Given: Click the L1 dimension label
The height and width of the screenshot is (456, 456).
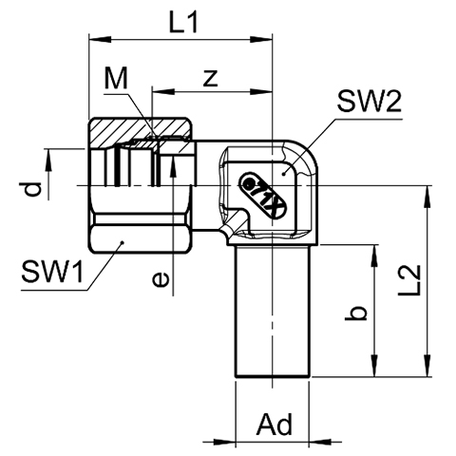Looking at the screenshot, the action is [x=183, y=23].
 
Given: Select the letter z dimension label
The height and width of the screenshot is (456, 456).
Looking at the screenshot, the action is [x=211, y=78].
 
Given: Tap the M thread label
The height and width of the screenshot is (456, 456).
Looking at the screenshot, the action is [x=116, y=78].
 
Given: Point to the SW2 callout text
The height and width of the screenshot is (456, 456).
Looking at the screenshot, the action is [x=370, y=102].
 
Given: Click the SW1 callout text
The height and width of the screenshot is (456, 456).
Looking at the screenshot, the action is [x=52, y=272].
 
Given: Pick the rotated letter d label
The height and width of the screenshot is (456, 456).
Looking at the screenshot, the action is [x=33, y=189].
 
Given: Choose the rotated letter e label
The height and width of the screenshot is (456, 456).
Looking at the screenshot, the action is [x=161, y=280].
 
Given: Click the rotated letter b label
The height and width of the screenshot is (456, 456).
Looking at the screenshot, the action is [x=356, y=313].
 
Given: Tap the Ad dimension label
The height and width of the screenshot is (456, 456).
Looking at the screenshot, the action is [x=275, y=425].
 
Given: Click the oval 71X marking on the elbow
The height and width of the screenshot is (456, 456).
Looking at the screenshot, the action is [x=264, y=196].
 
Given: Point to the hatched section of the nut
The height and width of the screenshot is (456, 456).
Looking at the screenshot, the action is [x=140, y=130].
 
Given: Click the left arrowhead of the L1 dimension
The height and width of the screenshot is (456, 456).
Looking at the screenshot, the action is [x=101, y=40].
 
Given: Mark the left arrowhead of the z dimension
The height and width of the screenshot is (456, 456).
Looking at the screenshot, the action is [x=163, y=92].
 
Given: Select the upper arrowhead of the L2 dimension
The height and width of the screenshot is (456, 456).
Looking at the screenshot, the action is [x=427, y=197].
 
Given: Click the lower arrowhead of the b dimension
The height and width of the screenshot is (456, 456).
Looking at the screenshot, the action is [x=375, y=366].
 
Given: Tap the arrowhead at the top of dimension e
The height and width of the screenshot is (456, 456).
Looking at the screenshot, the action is [x=173, y=167].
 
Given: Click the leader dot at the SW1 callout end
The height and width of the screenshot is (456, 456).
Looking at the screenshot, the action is [x=122, y=242].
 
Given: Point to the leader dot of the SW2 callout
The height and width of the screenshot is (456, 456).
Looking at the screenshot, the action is [x=284, y=174].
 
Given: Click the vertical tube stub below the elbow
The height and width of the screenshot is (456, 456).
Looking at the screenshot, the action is [x=273, y=311].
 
